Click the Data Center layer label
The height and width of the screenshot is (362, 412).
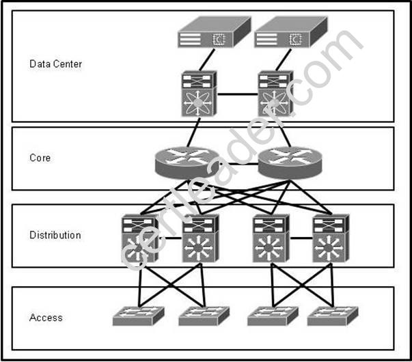[x=56, y=64]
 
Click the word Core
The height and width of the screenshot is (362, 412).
[x=40, y=158]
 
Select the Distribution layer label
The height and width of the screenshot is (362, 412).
[x=55, y=235]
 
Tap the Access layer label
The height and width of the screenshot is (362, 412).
[x=46, y=318]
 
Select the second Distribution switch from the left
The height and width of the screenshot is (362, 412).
[x=200, y=239]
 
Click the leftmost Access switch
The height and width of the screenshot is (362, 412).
[x=139, y=316]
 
